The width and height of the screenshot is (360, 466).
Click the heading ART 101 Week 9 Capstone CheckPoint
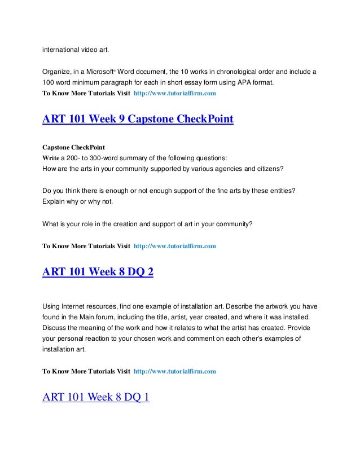point(138,120)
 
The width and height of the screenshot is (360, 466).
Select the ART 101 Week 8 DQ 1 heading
point(96,398)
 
